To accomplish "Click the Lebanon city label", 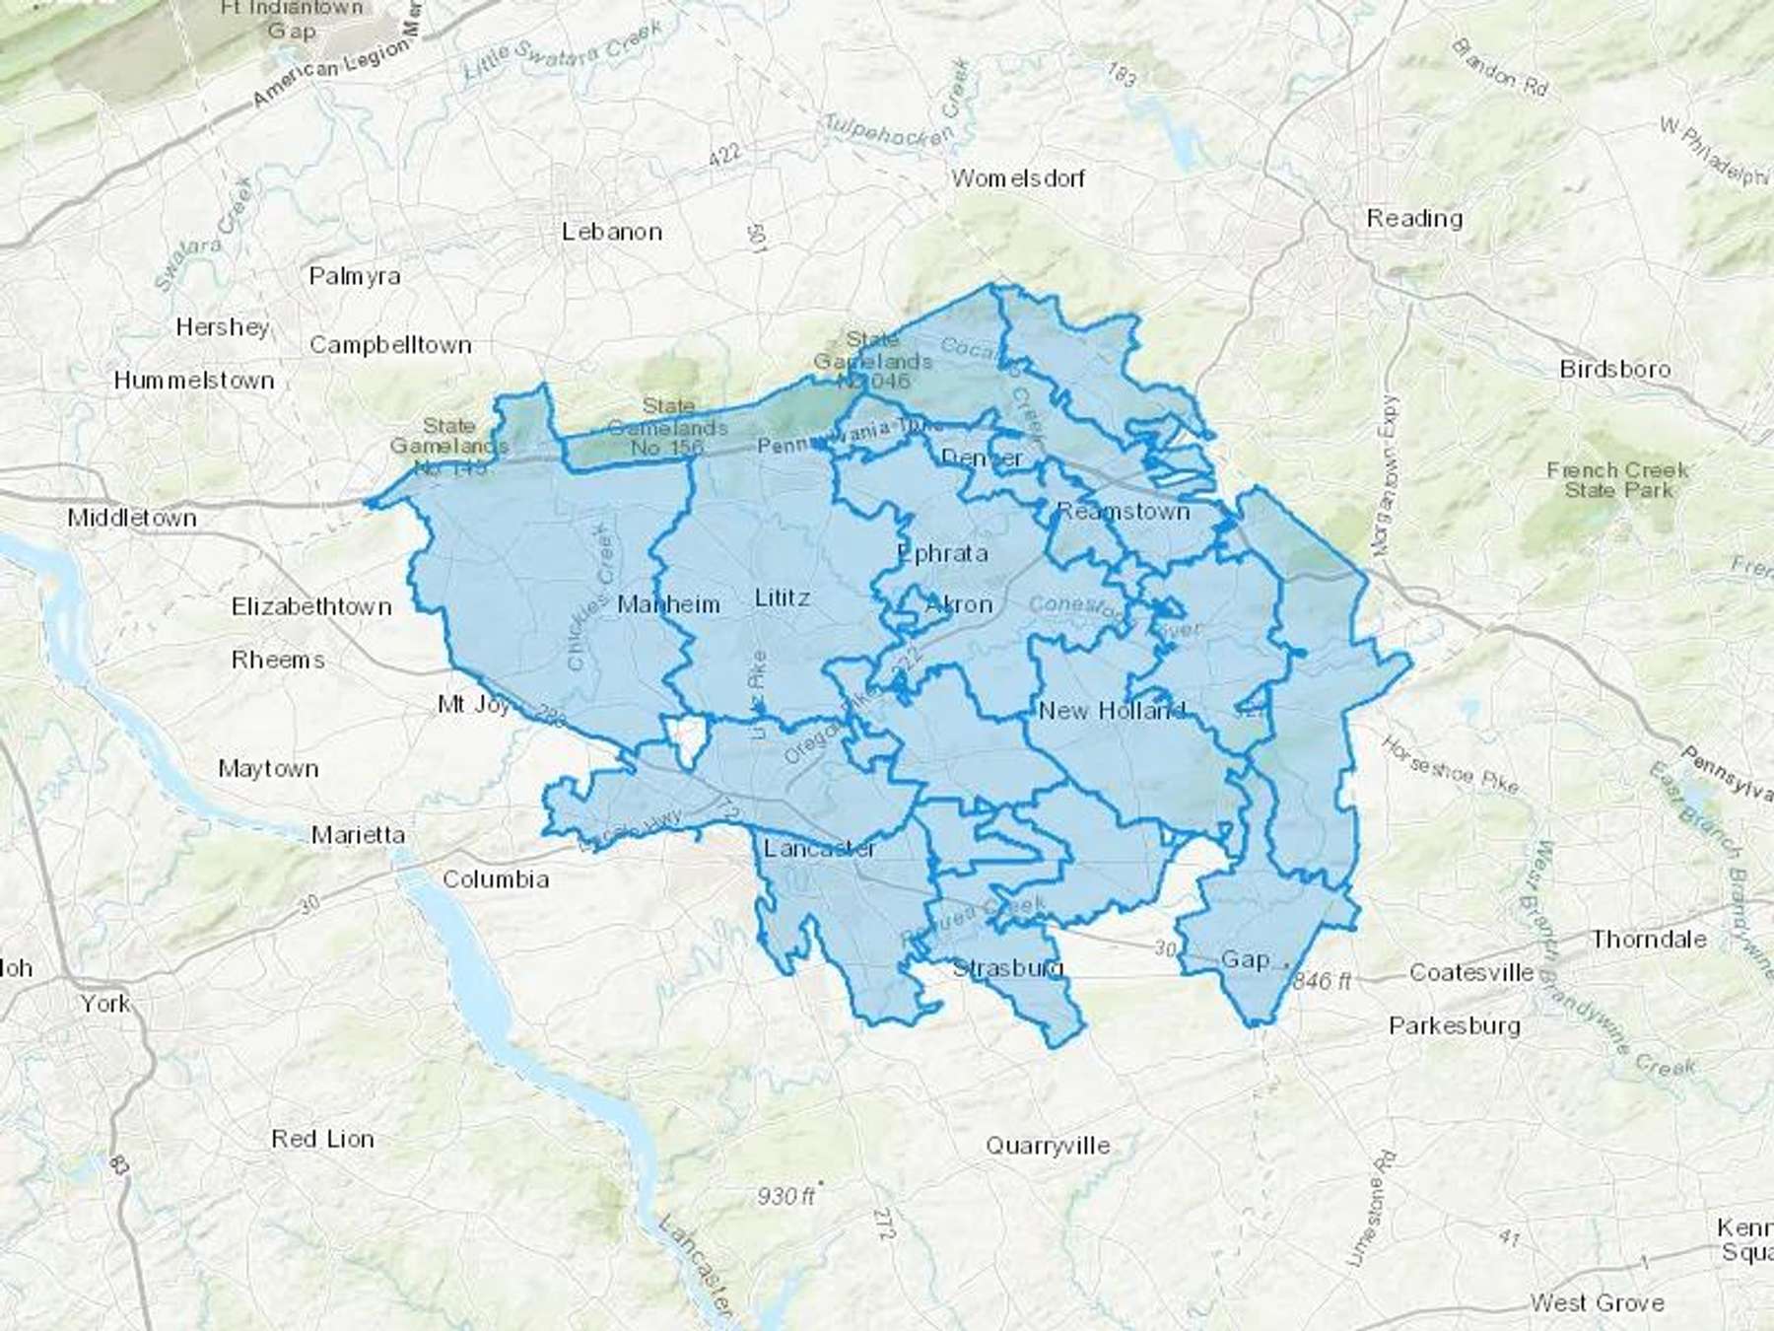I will [612, 232].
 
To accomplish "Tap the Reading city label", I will [1413, 218].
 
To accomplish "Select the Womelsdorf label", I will [1017, 178].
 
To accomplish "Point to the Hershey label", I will [223, 326].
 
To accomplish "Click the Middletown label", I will [132, 518].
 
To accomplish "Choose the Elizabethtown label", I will [311, 606].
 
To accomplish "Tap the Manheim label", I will [668, 604].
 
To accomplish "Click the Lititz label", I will [783, 597].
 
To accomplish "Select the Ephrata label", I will [942, 553].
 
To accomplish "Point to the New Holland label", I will [1111, 710].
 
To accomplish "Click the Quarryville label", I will [1048, 1146].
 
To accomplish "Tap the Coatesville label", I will [1471, 972].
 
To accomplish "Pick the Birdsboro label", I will [1615, 370].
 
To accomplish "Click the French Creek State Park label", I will [1617, 480].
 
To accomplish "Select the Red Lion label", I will [323, 1139].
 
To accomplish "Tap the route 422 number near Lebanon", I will [724, 154].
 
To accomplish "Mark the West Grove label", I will [1597, 1303].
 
